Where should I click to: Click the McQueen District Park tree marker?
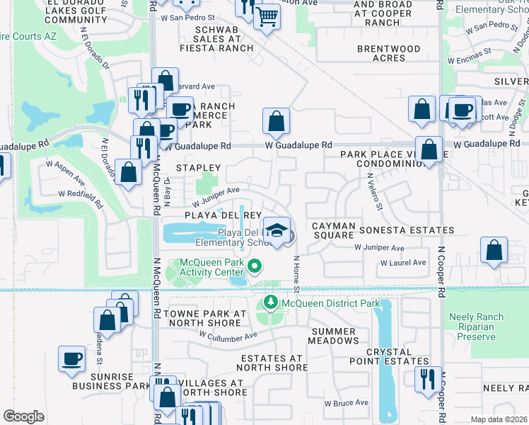pyautogui.click(x=270, y=303)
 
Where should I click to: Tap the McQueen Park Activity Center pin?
pyautogui.click(x=255, y=267)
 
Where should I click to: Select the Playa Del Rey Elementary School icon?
pyautogui.click(x=277, y=230)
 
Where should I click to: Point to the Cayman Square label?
pyautogui.click(x=333, y=230)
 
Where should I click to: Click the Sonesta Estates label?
pyautogui.click(x=406, y=230)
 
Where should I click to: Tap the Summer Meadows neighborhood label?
pyautogui.click(x=333, y=336)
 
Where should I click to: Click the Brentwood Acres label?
pyautogui.click(x=388, y=53)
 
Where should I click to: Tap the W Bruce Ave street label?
pyautogui.click(x=347, y=402)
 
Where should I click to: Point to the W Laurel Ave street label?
pyautogui.click(x=403, y=262)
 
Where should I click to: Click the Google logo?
pyautogui.click(x=23, y=416)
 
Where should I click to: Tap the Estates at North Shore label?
pyautogui.click(x=271, y=363)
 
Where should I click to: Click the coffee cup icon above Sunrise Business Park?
pyautogui.click(x=71, y=358)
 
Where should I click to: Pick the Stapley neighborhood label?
pyautogui.click(x=198, y=168)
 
